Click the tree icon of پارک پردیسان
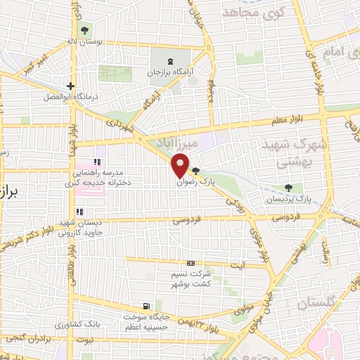(x=288, y=188)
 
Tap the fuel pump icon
(x=146, y=306)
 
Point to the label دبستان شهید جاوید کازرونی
(x=81, y=226)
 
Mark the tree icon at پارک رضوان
(x=195, y=170)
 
